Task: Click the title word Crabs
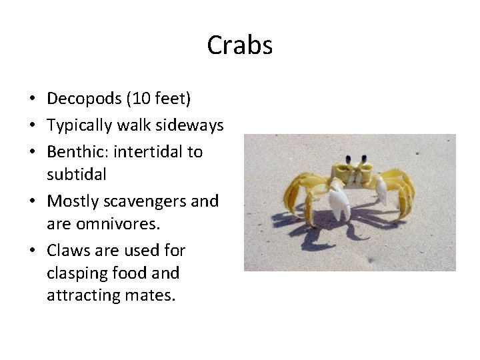tap(239, 45)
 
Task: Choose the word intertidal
tap(149, 151)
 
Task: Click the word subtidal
tap(77, 175)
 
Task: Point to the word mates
tap(152, 295)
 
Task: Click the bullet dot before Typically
tap(32, 125)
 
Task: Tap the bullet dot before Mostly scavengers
tap(32, 201)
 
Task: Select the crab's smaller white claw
tap(381, 192)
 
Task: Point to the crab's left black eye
tap(348, 160)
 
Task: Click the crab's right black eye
tap(364, 159)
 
